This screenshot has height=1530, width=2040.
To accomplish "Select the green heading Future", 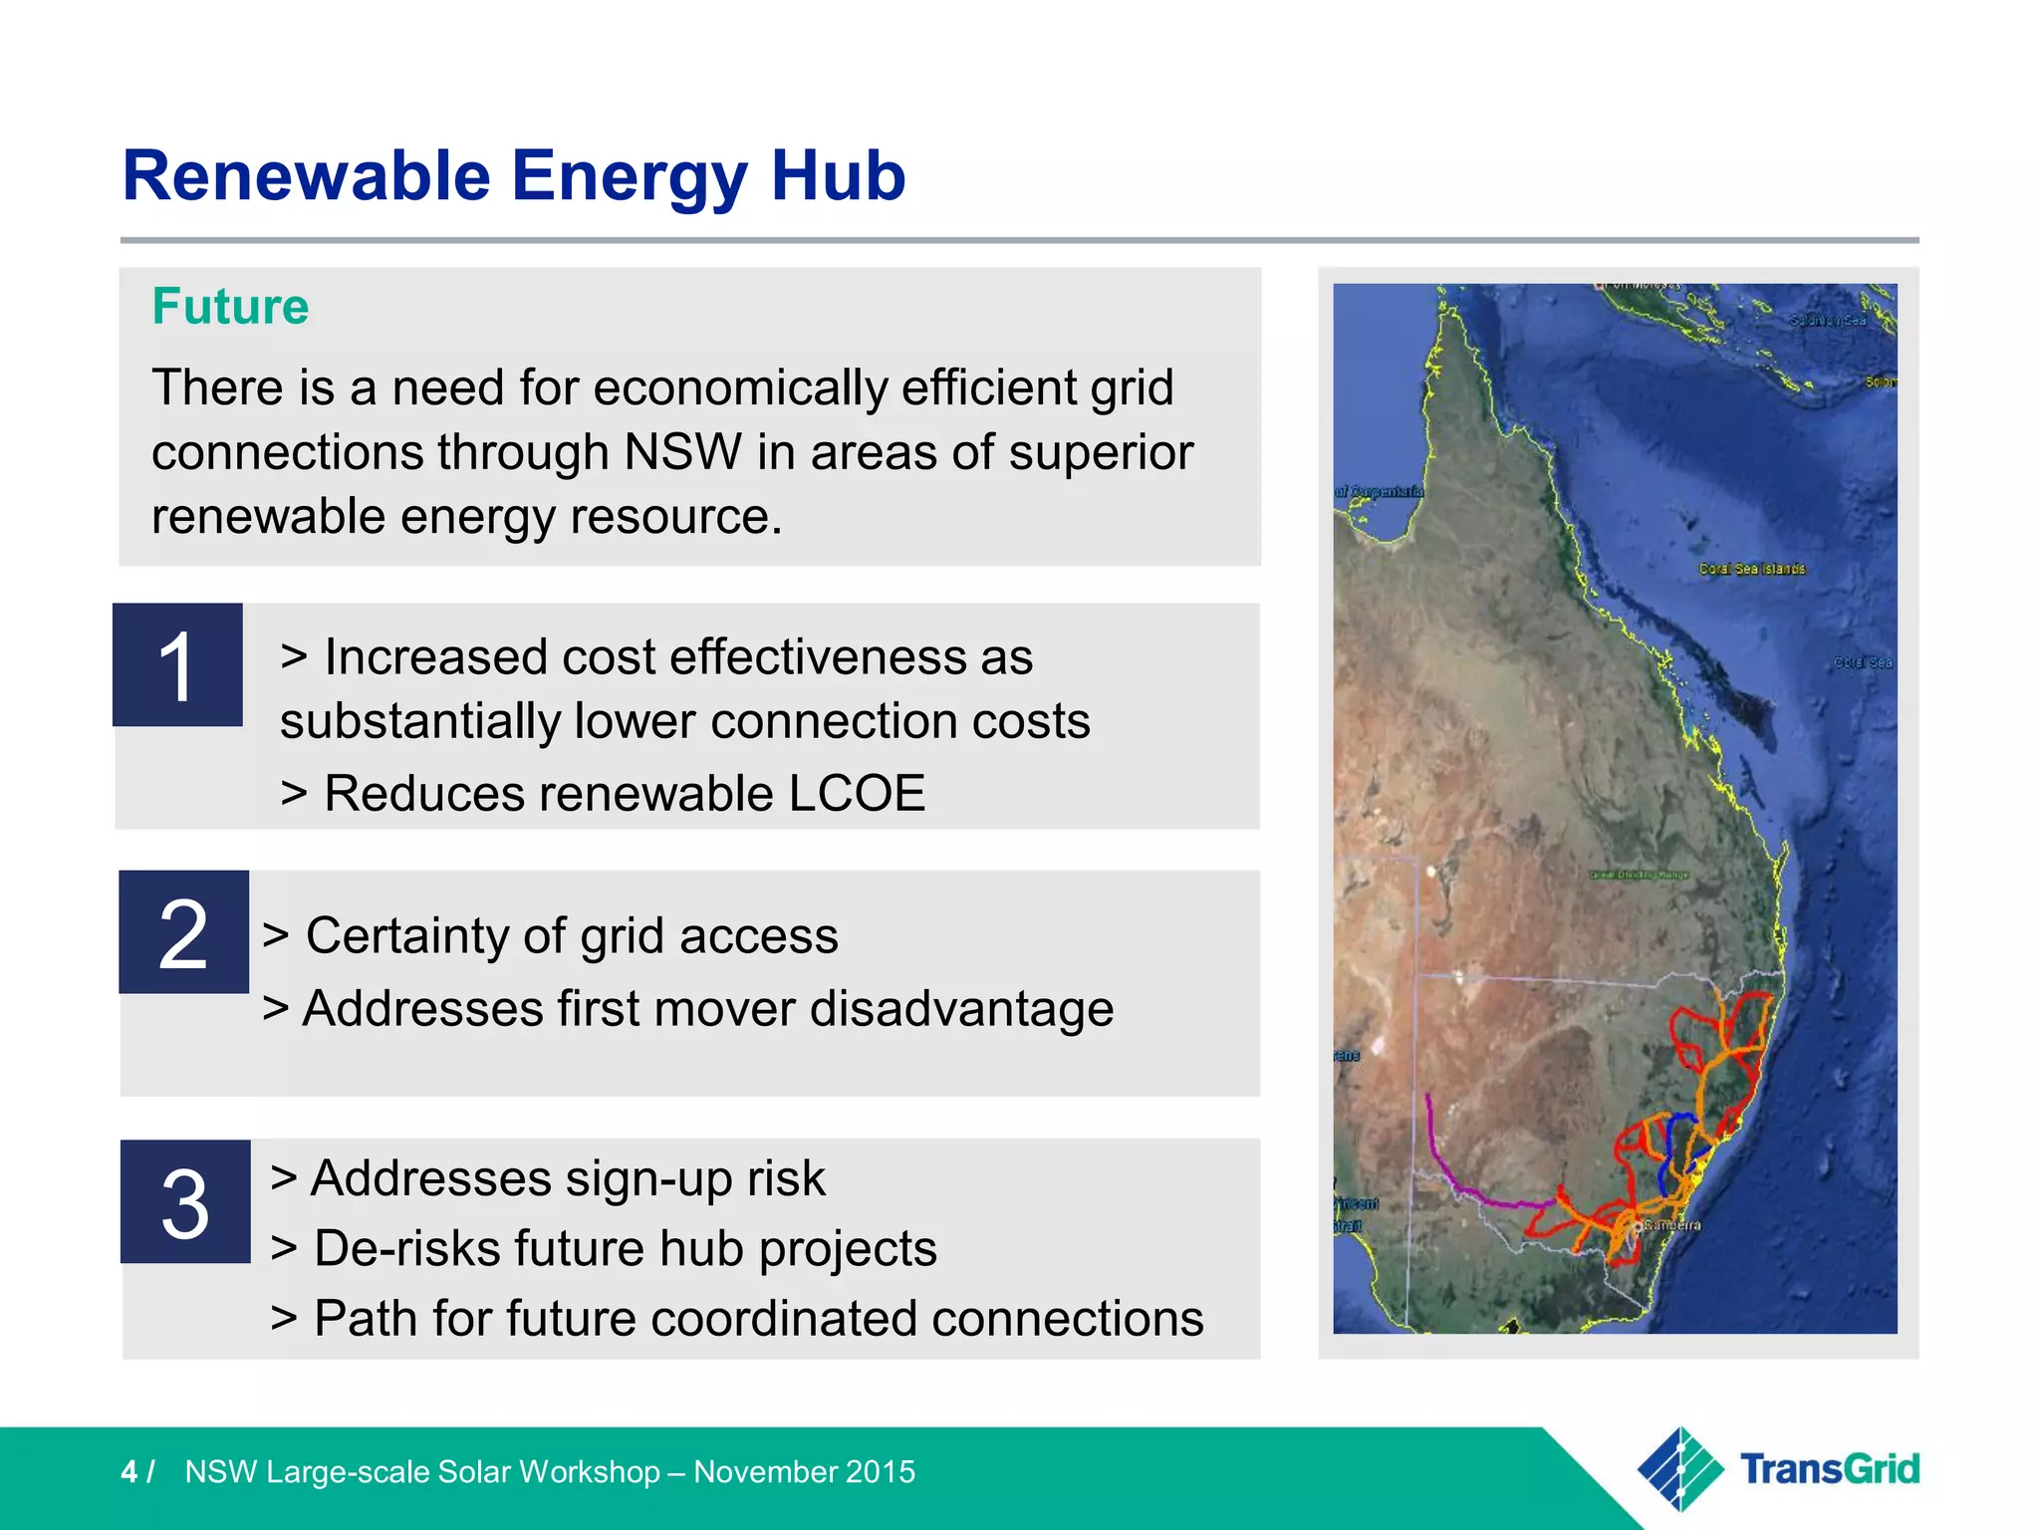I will coord(230,307).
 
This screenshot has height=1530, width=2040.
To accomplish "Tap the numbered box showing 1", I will coord(177,665).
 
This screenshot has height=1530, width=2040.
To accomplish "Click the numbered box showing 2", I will coord(183,932).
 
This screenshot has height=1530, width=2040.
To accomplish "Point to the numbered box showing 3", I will coord(185,1202).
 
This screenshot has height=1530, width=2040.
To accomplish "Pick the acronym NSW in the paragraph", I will coord(682,452).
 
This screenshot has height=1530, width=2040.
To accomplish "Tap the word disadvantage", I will coord(960,1009).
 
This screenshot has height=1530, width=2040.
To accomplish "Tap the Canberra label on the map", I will coord(1671,1225).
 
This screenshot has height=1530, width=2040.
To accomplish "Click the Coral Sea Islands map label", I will coord(1752,569).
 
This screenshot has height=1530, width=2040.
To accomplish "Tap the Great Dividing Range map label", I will coord(1639,875).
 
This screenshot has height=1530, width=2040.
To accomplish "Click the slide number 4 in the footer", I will coord(128,1472).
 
